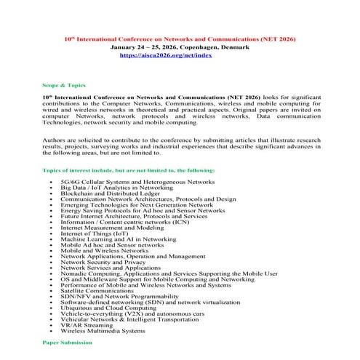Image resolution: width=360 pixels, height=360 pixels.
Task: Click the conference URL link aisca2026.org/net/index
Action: point(180,55)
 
